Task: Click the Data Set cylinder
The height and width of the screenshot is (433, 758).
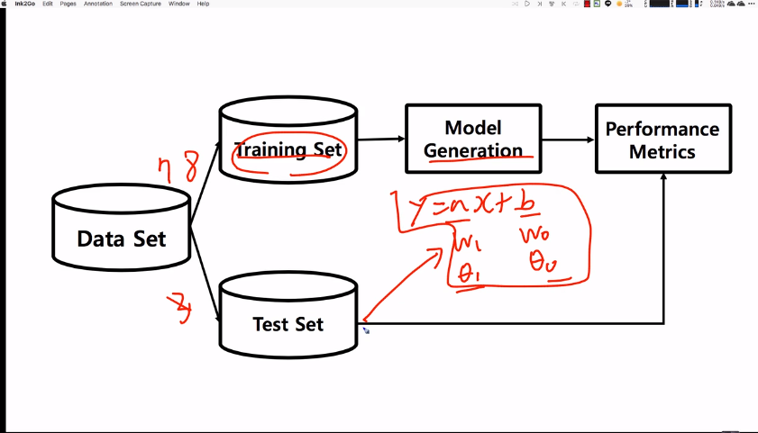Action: [121, 239]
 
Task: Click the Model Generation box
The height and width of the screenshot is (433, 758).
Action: [473, 139]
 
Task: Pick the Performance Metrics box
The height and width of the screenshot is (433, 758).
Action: [662, 139]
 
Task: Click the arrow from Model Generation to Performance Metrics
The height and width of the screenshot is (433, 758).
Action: [568, 140]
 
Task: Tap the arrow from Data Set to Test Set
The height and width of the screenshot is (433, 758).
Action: [205, 287]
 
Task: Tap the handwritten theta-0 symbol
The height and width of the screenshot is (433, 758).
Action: [544, 263]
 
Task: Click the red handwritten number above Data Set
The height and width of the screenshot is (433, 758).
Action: [178, 169]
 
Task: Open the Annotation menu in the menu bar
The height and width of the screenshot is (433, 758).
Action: [98, 4]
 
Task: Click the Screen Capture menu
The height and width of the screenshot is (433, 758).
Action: [141, 4]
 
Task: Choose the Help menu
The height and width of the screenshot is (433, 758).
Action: [203, 4]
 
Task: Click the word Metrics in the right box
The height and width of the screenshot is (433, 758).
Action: [662, 151]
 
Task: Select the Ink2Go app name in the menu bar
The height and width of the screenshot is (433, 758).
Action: [24, 4]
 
